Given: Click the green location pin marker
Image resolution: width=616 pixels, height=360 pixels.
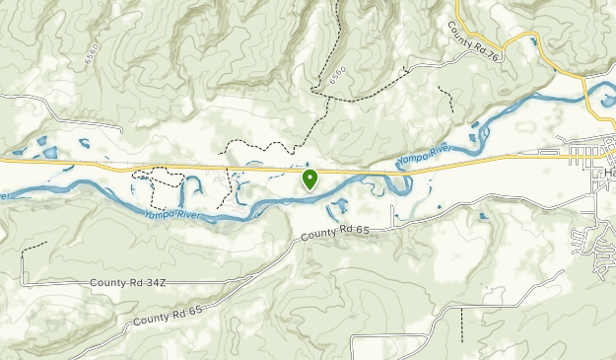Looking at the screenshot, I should point(309,179).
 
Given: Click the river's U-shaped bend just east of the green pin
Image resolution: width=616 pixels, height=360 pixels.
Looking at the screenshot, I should point(399,184).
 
